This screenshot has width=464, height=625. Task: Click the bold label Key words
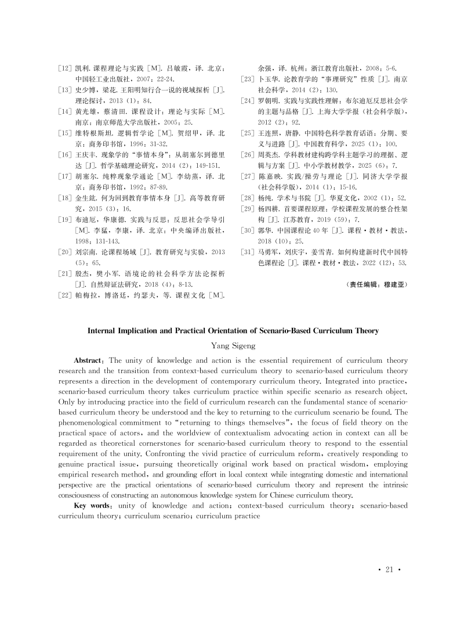click(x=93, y=505)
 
